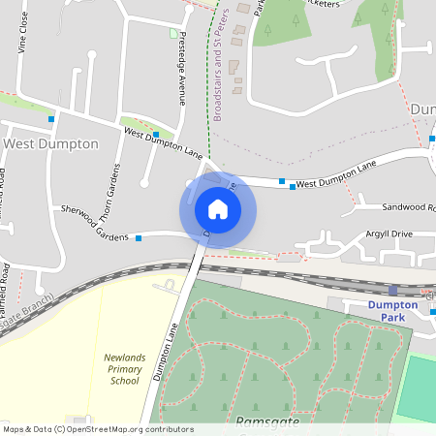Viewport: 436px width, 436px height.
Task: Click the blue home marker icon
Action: [218, 208]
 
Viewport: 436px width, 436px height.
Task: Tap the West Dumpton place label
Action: [51, 143]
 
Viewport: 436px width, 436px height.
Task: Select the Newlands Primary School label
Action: [124, 369]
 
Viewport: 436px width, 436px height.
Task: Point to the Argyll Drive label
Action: [389, 234]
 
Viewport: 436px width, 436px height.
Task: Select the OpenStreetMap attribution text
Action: [98, 429]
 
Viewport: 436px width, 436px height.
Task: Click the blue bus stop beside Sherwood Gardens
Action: [139, 237]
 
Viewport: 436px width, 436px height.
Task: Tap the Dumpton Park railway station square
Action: [392, 290]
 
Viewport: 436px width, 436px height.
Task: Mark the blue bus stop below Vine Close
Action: [51, 119]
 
